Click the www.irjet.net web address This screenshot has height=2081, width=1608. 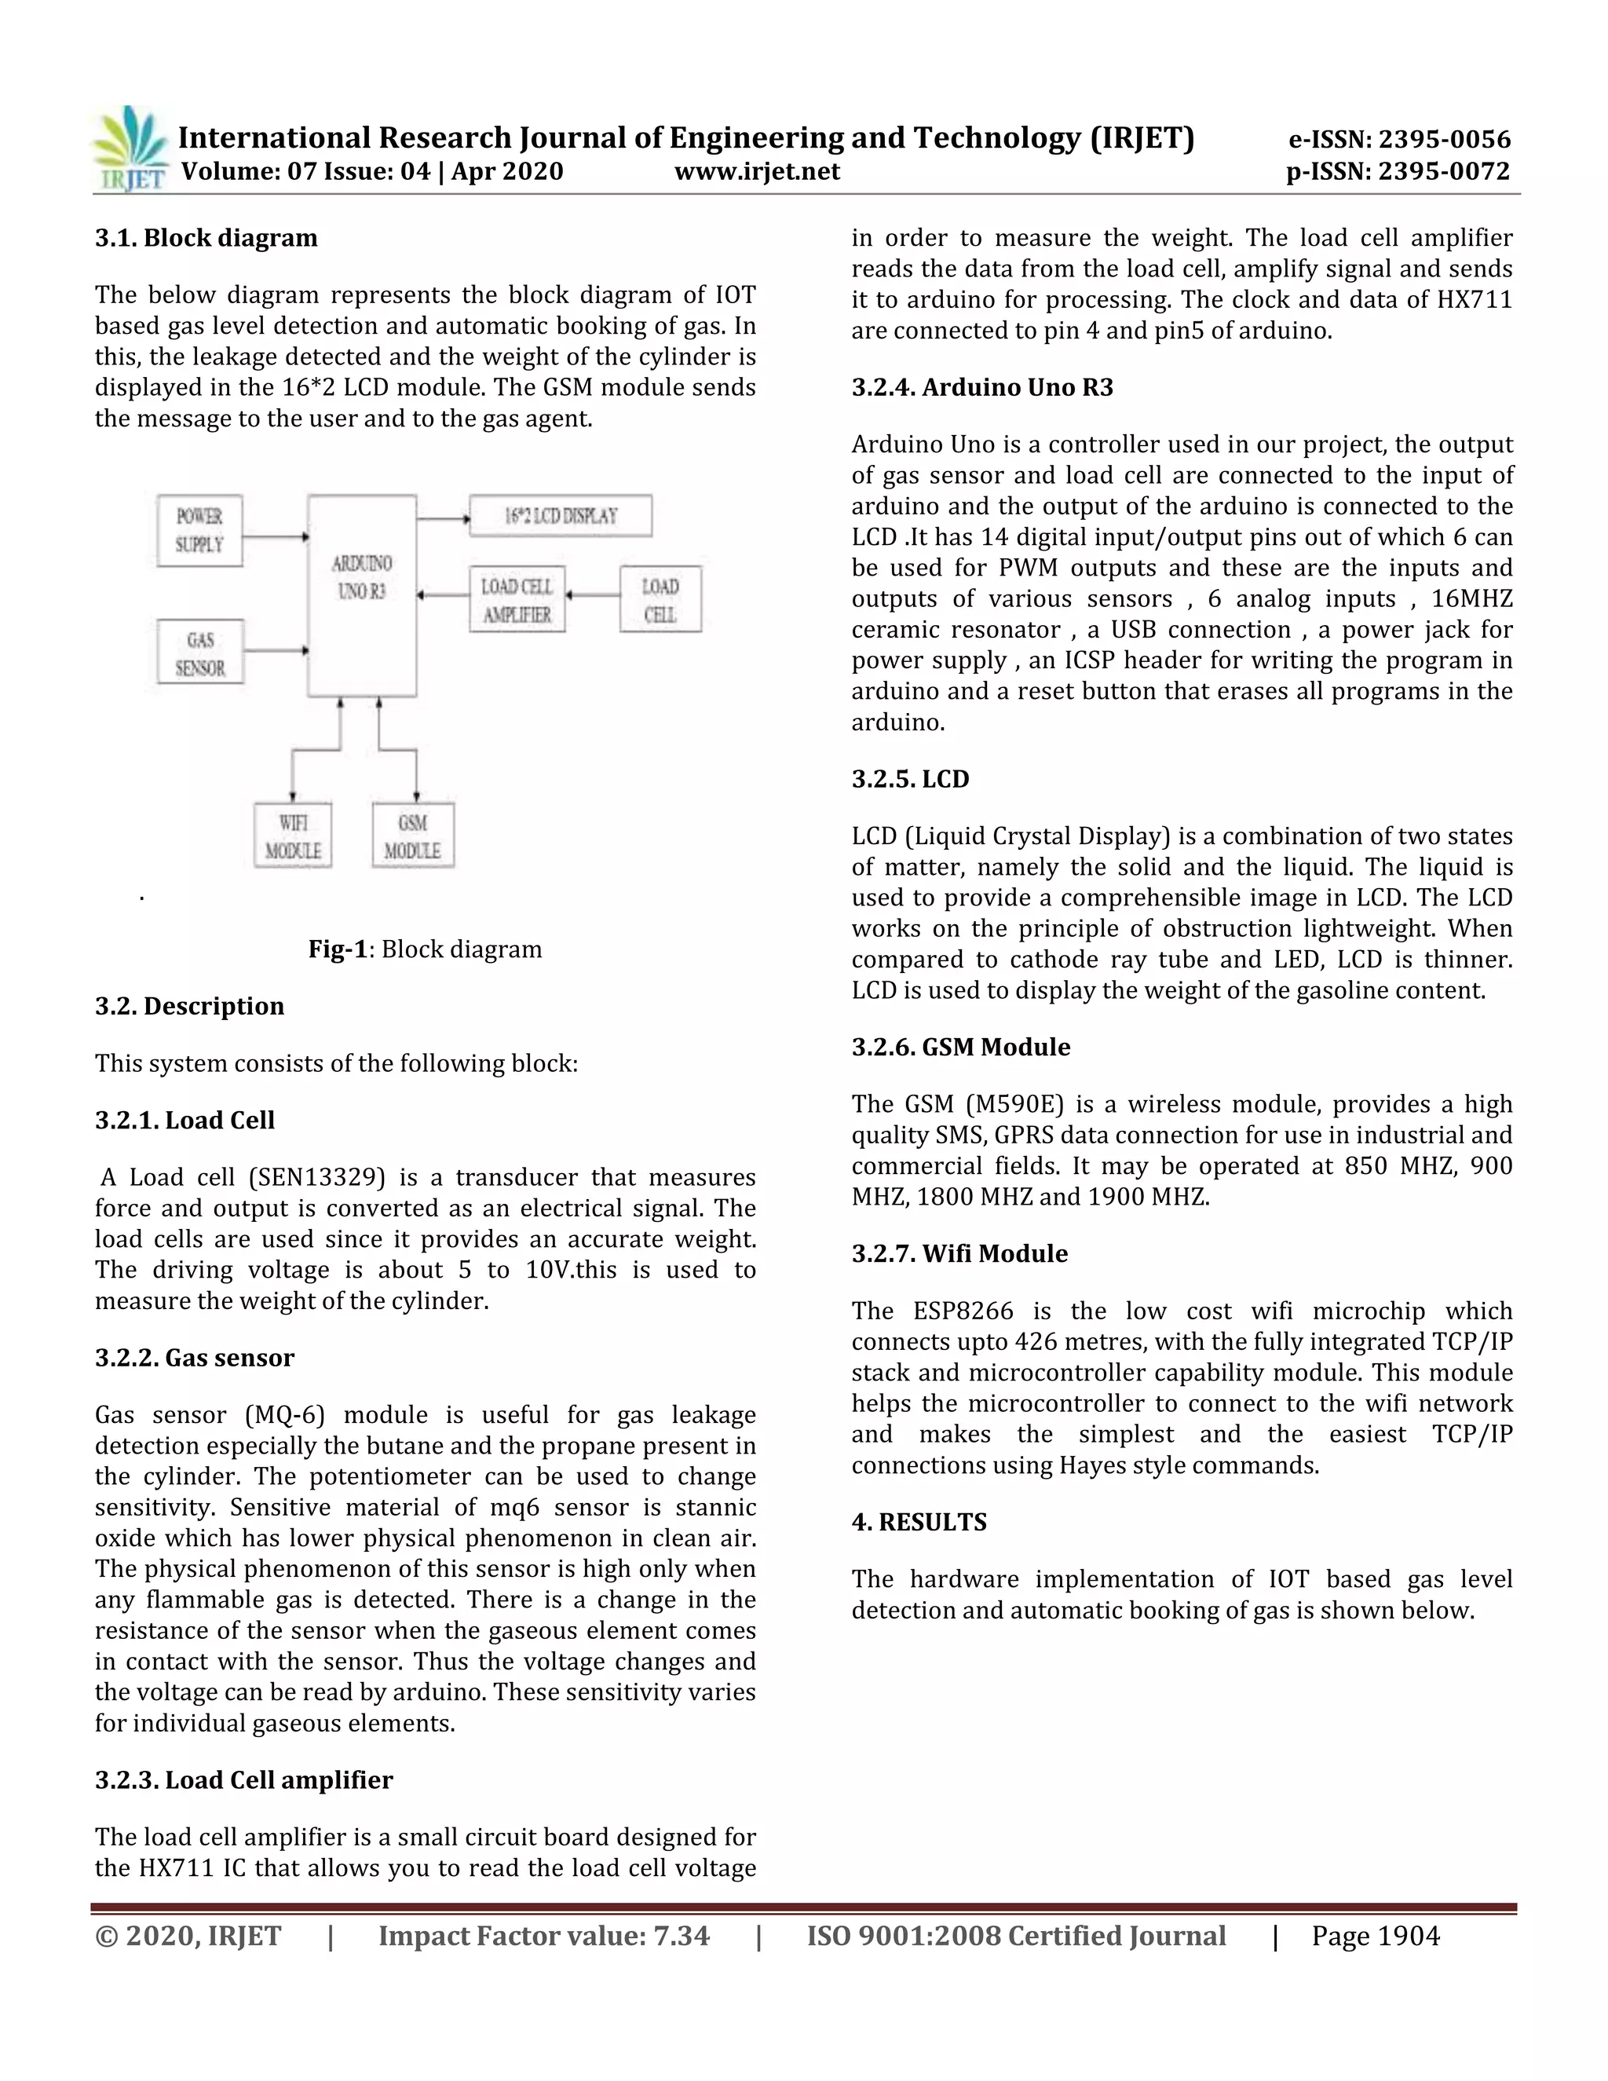click(758, 171)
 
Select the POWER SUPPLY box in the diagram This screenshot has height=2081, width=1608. click(199, 531)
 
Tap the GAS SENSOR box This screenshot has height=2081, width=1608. click(200, 653)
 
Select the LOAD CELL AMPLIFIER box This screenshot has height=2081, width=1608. click(517, 600)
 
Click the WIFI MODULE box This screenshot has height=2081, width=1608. click(292, 836)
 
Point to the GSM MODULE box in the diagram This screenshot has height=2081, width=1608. click(412, 836)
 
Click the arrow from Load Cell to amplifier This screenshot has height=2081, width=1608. click(593, 595)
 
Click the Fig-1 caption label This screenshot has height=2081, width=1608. click(337, 949)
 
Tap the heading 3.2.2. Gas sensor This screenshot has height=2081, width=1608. click(195, 1358)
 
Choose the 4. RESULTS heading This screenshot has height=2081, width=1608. click(919, 1522)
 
